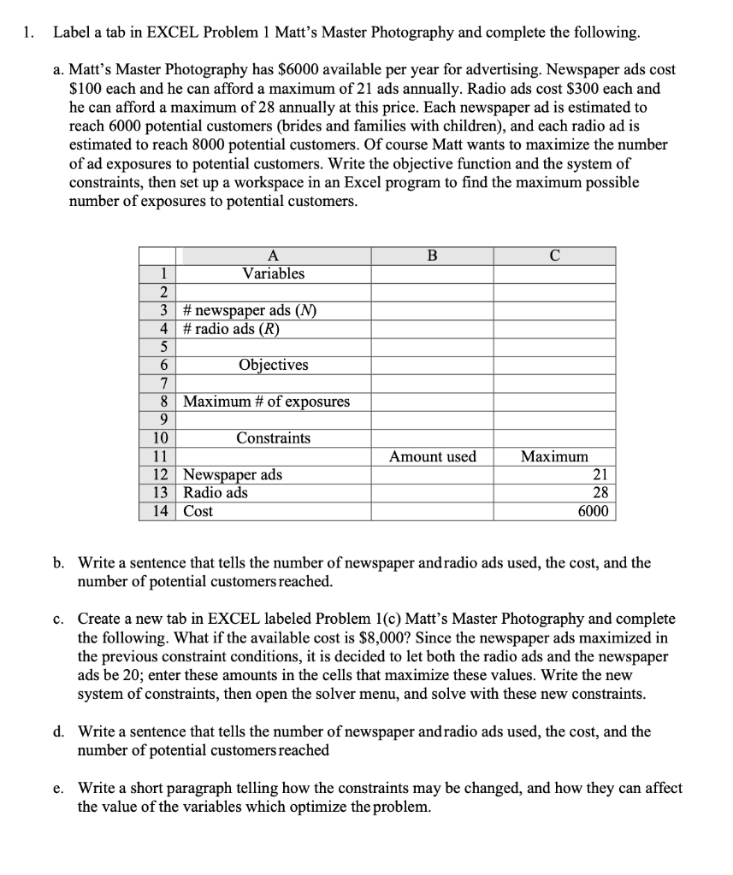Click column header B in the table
click(x=431, y=255)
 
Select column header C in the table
click(x=555, y=255)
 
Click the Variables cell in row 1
click(x=273, y=273)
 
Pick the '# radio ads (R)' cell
click(x=232, y=328)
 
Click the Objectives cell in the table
click(x=273, y=365)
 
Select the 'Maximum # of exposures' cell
click(x=267, y=402)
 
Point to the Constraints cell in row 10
click(x=273, y=438)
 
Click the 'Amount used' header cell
click(x=432, y=457)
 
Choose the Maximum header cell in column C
click(x=555, y=457)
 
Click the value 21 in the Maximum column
click(x=600, y=475)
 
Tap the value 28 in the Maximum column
click(x=600, y=493)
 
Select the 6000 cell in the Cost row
click(x=594, y=512)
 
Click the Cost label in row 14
click(x=198, y=512)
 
